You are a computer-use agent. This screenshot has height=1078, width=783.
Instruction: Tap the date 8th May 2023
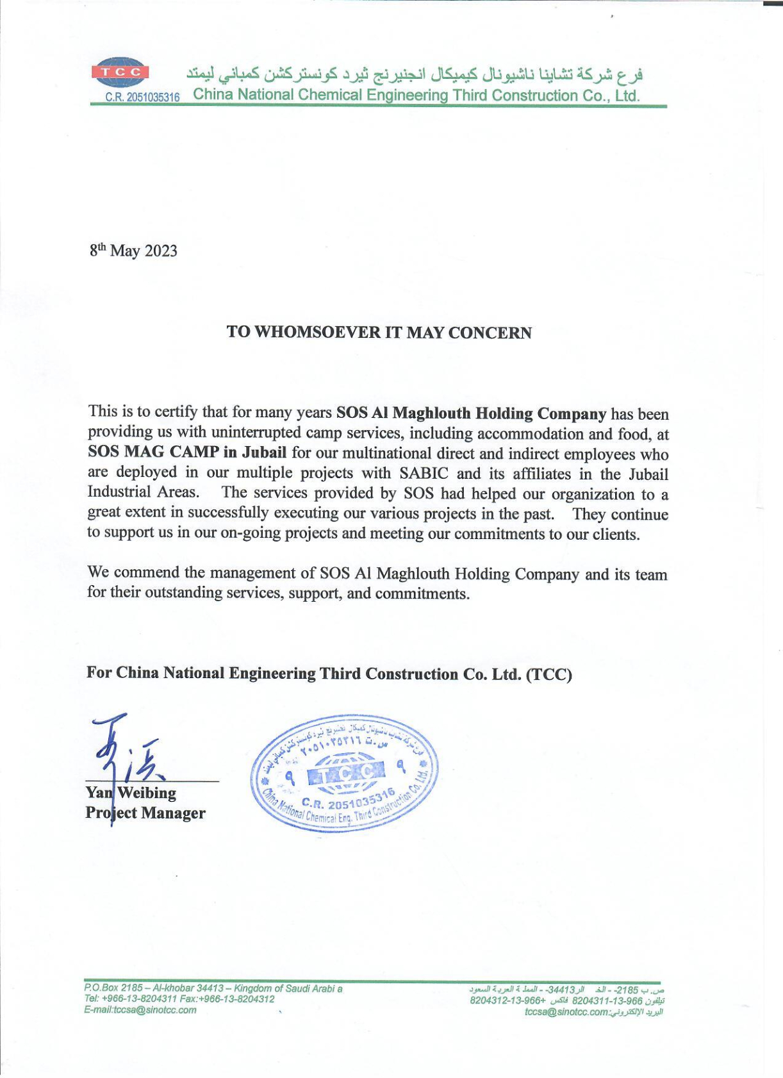click(133, 251)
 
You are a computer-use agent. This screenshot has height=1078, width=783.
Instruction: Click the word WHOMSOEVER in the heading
click(317, 333)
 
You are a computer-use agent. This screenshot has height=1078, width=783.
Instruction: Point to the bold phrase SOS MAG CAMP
click(154, 452)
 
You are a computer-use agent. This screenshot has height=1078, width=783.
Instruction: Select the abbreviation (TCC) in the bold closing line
click(549, 674)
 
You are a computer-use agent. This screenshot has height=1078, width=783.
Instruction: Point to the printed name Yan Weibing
click(131, 793)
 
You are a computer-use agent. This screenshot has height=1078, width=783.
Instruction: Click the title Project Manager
click(145, 813)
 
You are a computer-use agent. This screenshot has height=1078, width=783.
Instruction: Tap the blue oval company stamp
click(345, 774)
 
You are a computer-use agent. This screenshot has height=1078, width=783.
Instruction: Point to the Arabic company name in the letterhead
click(415, 74)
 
